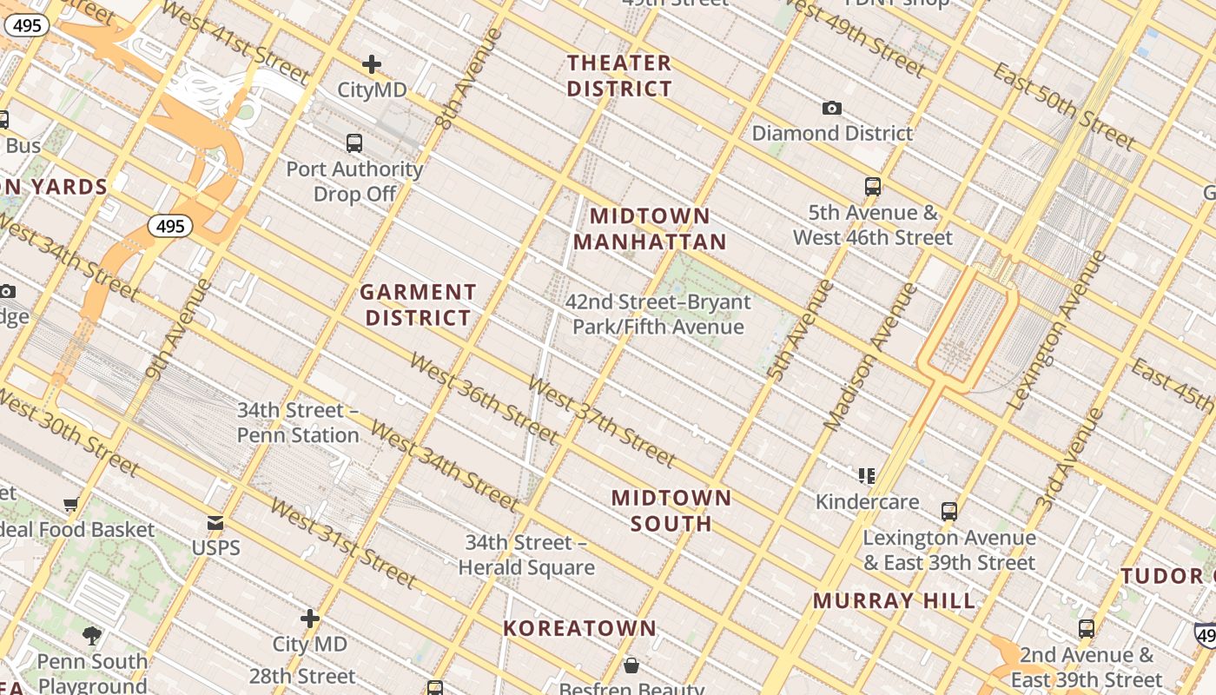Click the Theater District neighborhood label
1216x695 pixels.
pos(619,76)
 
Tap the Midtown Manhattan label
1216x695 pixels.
pos(650,228)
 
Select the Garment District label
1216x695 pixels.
pos(418,305)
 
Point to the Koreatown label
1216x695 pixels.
pos(580,628)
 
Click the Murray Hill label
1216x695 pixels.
pos(894,600)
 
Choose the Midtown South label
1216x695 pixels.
pos(671,510)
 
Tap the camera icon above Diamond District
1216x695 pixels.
pos(832,108)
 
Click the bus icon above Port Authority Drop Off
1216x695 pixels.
pos(354,143)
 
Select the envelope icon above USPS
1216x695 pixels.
pos(215,523)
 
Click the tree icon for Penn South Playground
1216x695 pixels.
pos(92,636)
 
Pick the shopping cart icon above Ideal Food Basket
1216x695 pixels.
pos(71,504)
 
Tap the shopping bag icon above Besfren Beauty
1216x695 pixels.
pos(631,666)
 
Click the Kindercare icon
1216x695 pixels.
pos(866,475)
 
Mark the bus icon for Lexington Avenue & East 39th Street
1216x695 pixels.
pos(949,511)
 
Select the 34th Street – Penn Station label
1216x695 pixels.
pos(298,422)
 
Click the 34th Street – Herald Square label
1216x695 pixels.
pos(526,555)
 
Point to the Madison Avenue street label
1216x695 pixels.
pos(869,356)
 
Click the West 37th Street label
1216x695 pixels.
pos(601,421)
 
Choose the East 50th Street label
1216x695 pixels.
pos(1063,105)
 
